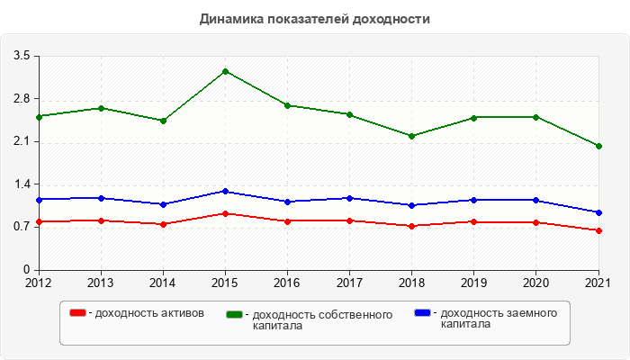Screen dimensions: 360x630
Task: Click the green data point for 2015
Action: pyautogui.click(x=225, y=71)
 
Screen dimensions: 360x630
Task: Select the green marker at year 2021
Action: pyautogui.click(x=598, y=146)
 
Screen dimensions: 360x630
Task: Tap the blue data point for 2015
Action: pyautogui.click(x=225, y=191)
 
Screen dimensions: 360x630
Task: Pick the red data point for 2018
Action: pyautogui.click(x=412, y=226)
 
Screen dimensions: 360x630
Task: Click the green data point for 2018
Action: pyautogui.click(x=412, y=136)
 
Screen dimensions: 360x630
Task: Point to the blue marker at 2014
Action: pyautogui.click(x=163, y=204)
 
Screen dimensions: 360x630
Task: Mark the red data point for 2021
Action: pyautogui.click(x=598, y=230)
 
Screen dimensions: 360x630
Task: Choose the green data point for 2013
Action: pyautogui.click(x=101, y=108)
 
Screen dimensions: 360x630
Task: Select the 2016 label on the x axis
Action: pyautogui.click(x=287, y=283)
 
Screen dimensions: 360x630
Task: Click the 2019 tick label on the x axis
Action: pyautogui.click(x=474, y=283)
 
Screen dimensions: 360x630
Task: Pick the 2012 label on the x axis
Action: pyautogui.click(x=39, y=283)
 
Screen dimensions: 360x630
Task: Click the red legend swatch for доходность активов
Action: pyautogui.click(x=78, y=313)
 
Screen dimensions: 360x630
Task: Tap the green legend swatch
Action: pyautogui.click(x=235, y=315)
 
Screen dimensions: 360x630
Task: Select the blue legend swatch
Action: pyautogui.click(x=422, y=313)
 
